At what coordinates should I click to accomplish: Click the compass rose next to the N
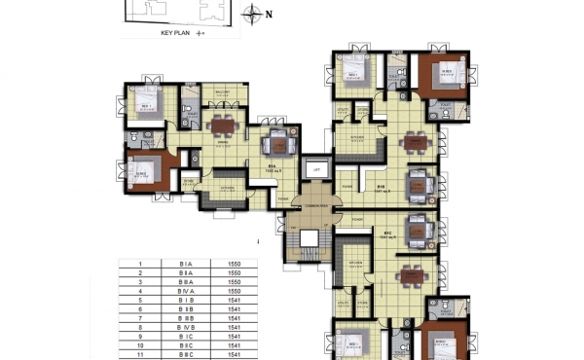click(x=253, y=14)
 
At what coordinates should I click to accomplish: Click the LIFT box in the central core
click(x=314, y=169)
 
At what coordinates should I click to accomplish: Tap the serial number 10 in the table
click(x=140, y=345)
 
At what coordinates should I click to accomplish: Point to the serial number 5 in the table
click(x=140, y=301)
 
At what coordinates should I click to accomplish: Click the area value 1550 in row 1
click(x=234, y=265)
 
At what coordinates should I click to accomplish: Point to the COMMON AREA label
click(x=314, y=207)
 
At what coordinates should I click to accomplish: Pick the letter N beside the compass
click(x=271, y=14)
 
